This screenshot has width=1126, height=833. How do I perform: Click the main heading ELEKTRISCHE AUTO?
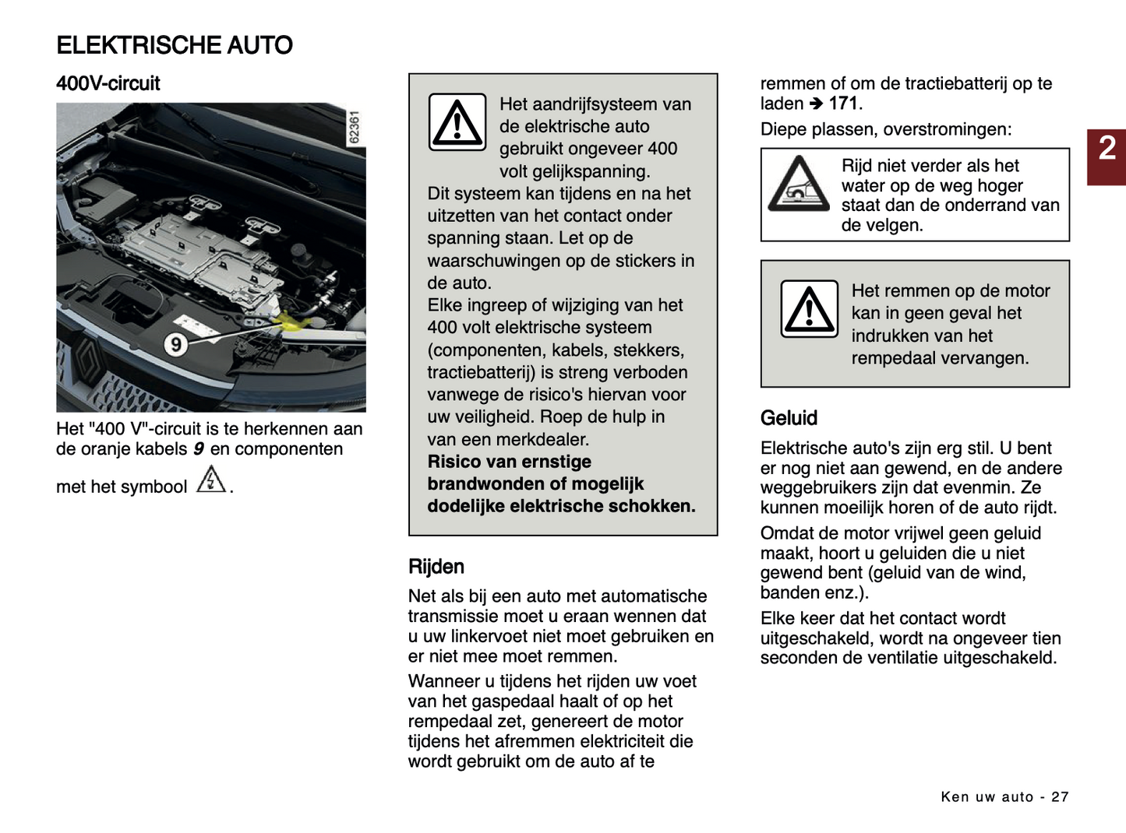click(175, 45)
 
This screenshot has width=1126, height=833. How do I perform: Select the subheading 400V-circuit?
click(108, 83)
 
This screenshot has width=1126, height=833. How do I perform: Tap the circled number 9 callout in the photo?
click(176, 343)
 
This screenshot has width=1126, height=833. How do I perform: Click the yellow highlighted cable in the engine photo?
click(289, 321)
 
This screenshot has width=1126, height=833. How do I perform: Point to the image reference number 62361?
click(354, 127)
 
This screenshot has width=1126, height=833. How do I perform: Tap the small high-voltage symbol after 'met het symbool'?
click(210, 480)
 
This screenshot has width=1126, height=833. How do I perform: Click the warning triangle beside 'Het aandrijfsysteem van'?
click(457, 123)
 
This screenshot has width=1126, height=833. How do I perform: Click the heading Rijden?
click(436, 567)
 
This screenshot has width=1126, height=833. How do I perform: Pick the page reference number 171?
click(843, 104)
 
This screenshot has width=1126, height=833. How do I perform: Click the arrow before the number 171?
click(816, 104)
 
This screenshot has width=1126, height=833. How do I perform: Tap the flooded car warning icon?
click(798, 185)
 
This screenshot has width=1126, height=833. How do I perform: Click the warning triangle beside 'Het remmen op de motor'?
click(810, 309)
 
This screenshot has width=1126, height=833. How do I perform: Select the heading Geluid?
click(789, 418)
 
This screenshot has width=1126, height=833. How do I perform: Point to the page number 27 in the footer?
click(1060, 796)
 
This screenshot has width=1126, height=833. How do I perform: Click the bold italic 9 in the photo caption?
click(199, 449)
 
